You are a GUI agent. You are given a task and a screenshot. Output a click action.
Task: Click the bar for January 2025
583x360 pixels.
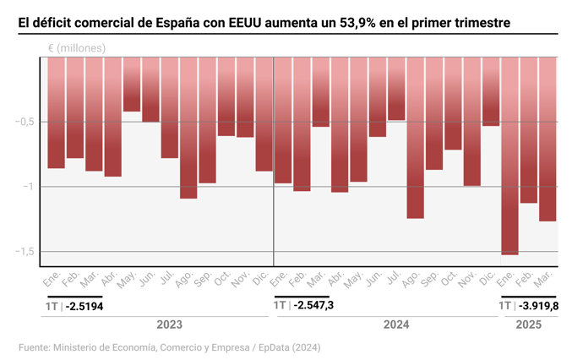click(509, 155)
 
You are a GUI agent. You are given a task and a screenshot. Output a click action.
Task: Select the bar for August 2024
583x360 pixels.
click(415, 138)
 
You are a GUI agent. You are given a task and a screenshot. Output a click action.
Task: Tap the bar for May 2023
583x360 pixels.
click(132, 85)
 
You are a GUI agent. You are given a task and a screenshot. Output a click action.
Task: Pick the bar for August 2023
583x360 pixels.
click(188, 128)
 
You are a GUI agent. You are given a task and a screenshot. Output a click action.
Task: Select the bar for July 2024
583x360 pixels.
click(396, 89)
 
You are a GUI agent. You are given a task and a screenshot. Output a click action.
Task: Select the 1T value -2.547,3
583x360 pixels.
click(313, 304)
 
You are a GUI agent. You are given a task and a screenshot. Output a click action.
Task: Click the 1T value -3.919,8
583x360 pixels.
click(539, 305)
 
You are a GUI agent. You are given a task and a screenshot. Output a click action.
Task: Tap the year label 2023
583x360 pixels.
click(169, 325)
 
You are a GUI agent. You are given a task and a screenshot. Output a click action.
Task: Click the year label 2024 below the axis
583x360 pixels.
click(395, 325)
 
